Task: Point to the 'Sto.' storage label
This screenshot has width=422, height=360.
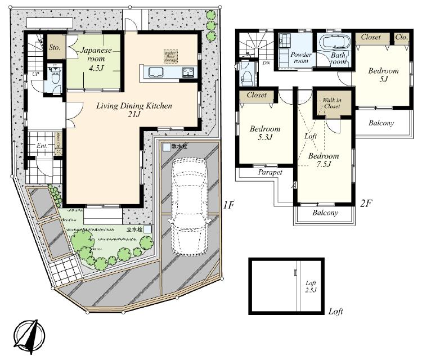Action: (55, 47)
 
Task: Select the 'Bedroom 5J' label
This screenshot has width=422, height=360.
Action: (384, 75)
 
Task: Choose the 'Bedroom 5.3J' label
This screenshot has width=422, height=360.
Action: (264, 133)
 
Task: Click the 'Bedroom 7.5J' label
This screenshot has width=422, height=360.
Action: (324, 160)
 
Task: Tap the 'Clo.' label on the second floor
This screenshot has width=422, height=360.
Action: (402, 37)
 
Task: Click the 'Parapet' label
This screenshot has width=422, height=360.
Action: (270, 173)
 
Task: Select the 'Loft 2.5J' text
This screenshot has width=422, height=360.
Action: (311, 287)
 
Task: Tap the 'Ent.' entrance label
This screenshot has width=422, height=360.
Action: (42, 146)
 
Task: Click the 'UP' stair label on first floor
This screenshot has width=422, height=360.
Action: (35, 74)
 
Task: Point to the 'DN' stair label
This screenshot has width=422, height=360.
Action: (266, 62)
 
